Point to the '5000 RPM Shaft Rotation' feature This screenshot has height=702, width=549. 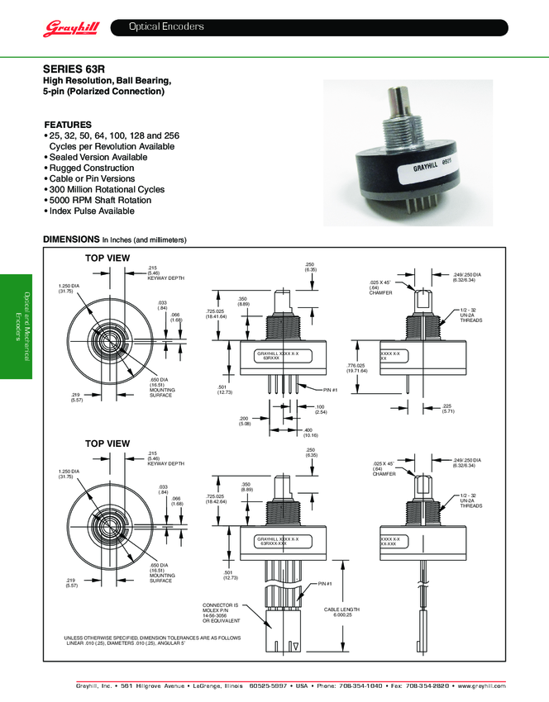point(100,200)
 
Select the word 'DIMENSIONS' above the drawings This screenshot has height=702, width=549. point(71,240)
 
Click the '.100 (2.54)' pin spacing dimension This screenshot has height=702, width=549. point(320,409)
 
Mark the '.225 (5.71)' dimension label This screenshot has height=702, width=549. point(448,409)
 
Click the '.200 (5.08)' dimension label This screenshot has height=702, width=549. point(244,421)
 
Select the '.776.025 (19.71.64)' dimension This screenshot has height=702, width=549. point(358,368)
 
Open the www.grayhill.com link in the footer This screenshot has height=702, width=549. point(478,685)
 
